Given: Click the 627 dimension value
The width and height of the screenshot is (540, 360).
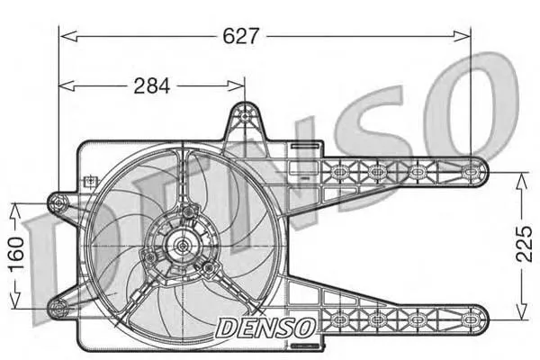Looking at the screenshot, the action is pyautogui.click(x=240, y=36).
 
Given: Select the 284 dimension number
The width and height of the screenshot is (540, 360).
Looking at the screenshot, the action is pyautogui.click(x=152, y=85).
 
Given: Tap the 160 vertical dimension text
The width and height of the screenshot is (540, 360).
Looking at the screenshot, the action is pyautogui.click(x=16, y=254).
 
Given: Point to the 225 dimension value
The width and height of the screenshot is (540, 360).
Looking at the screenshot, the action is pyautogui.click(x=524, y=244).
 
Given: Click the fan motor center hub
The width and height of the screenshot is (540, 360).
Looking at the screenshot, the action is pyautogui.click(x=182, y=246).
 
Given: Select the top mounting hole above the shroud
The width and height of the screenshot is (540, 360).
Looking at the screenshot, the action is pyautogui.click(x=245, y=116).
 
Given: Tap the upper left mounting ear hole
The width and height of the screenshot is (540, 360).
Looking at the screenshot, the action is pyautogui.click(x=58, y=203).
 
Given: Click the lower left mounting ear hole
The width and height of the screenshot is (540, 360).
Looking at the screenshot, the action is pyautogui.click(x=58, y=308).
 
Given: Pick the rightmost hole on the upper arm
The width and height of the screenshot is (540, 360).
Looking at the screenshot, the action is pyautogui.click(x=470, y=171).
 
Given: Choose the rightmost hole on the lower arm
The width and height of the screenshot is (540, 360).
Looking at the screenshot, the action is pyautogui.click(x=470, y=319).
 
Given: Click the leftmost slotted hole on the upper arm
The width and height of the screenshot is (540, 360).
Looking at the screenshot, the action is pyautogui.click(x=340, y=171).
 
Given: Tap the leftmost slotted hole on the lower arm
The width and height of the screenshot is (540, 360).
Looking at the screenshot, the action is pyautogui.click(x=340, y=319).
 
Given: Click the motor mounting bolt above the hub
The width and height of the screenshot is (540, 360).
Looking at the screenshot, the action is pyautogui.click(x=188, y=212).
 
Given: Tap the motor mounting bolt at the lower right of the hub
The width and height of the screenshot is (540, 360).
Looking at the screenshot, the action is pyautogui.click(x=208, y=267).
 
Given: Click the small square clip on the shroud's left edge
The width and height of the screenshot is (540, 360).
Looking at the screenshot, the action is pyautogui.click(x=91, y=181).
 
